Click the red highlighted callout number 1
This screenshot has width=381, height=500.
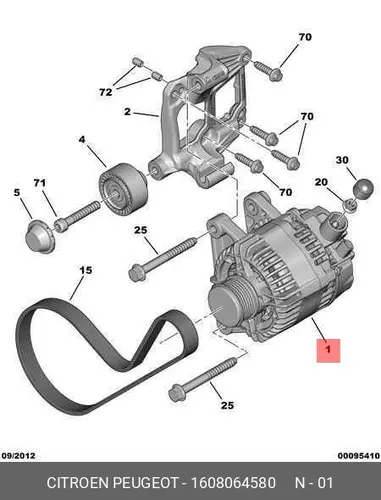click(x=328, y=350)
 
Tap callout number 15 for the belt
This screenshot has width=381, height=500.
click(x=86, y=270)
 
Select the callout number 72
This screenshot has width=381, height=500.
click(x=106, y=92)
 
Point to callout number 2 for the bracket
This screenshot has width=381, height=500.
click(x=127, y=112)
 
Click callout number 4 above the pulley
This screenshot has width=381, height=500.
click(x=82, y=139)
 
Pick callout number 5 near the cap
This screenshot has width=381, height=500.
click(x=17, y=192)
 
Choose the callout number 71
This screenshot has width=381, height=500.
click(x=39, y=183)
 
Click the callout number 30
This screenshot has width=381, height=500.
click(x=342, y=160)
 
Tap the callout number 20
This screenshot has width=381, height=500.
click(x=321, y=182)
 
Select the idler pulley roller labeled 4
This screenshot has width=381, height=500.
click(x=123, y=189)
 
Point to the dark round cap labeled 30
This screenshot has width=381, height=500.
click(x=363, y=189)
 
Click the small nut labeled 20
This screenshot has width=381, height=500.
click(x=350, y=204)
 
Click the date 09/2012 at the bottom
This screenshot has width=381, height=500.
click(x=19, y=455)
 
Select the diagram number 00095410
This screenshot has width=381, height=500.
click(x=359, y=455)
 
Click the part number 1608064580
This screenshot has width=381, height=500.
click(x=233, y=483)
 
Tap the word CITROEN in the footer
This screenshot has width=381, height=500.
click(x=78, y=483)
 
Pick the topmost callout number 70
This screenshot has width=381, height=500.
click(x=305, y=37)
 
